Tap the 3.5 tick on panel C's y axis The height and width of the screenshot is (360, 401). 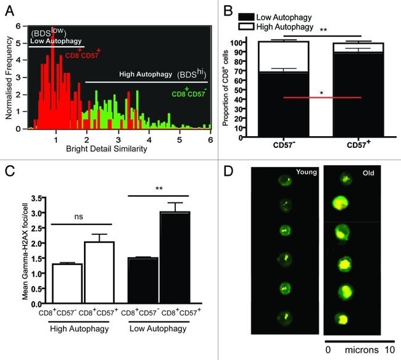[39, 198]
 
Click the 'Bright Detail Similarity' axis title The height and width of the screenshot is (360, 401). [118, 149]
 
